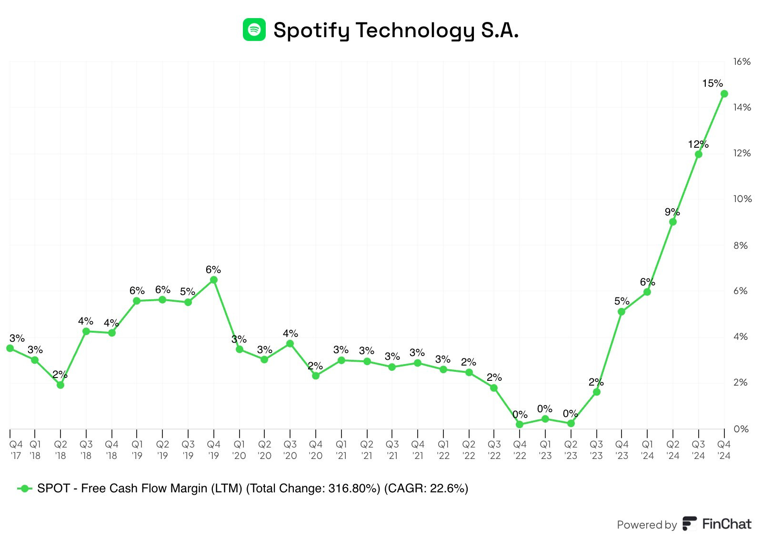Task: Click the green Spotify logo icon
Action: pyautogui.click(x=254, y=30)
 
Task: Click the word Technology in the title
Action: pyautogui.click(x=415, y=31)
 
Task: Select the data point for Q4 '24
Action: pyautogui.click(x=724, y=94)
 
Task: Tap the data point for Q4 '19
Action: pyautogui.click(x=214, y=280)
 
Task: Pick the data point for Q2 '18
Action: pyautogui.click(x=60, y=385)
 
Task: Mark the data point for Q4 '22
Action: pyautogui.click(x=520, y=424)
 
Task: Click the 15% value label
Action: pyautogui.click(x=712, y=83)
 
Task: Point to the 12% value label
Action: pyautogui.click(x=698, y=144)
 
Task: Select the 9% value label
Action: pyautogui.click(x=672, y=212)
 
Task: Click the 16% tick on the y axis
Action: pyautogui.click(x=742, y=61)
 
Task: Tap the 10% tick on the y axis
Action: pyautogui.click(x=742, y=199)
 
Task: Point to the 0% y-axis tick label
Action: pyautogui.click(x=741, y=429)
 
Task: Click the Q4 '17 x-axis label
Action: pyautogui.click(x=16, y=450)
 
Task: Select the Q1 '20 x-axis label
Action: pyautogui.click(x=239, y=450)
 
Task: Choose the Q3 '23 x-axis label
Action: pyautogui.click(x=596, y=450)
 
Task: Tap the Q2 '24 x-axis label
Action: pyautogui.click(x=673, y=450)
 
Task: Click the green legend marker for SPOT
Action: pyautogui.click(x=25, y=489)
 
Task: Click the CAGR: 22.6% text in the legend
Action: pyautogui.click(x=426, y=489)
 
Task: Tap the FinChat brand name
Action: pyautogui.click(x=726, y=524)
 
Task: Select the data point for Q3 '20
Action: pyautogui.click(x=290, y=344)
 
